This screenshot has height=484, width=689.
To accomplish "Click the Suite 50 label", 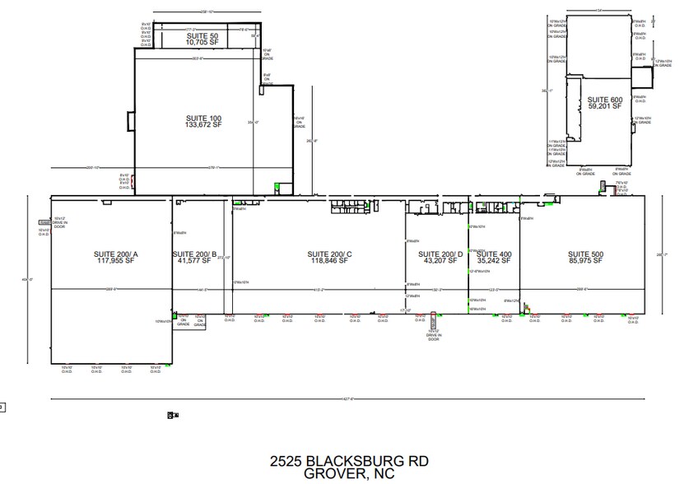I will (x=203, y=36).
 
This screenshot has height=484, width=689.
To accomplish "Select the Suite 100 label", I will (x=203, y=119).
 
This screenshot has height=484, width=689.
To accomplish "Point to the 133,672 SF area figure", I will (x=203, y=126).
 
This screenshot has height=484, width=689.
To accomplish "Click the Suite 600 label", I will (x=604, y=99).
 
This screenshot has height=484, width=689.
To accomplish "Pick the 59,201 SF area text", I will (x=604, y=106).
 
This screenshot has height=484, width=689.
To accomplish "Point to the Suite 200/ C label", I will (x=329, y=254).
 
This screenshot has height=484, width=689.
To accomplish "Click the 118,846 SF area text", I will (x=329, y=261).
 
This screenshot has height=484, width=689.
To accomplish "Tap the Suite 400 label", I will (x=494, y=254).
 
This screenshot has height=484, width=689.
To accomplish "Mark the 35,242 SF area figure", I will (x=494, y=261).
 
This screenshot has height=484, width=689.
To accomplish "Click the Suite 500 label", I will (x=585, y=254).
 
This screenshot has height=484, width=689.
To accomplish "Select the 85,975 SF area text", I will (x=585, y=261).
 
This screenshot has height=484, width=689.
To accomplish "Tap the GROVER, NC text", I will (x=349, y=473).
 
